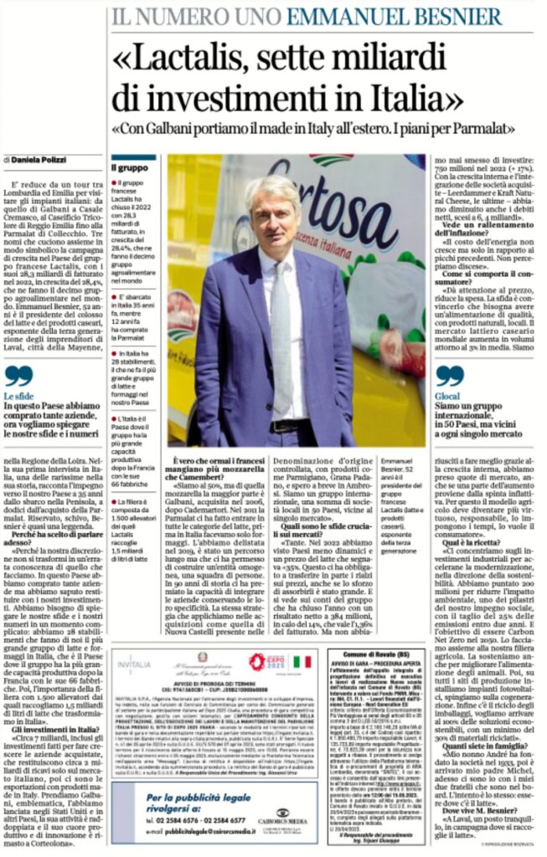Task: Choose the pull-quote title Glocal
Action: point(449,396)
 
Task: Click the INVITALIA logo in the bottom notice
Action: point(134,665)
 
